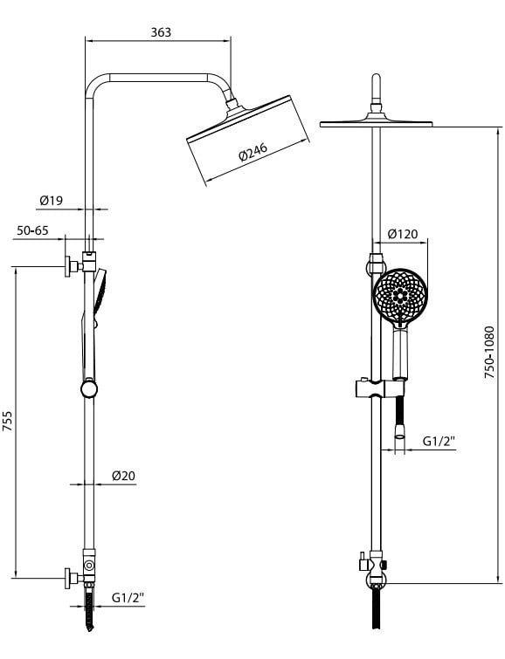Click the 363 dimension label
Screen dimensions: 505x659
point(161,32)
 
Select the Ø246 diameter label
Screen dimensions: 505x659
point(252,152)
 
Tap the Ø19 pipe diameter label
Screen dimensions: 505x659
point(52,201)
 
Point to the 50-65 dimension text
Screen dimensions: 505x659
point(32,230)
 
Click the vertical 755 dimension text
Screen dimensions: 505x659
point(8,422)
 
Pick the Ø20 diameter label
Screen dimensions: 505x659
point(123,476)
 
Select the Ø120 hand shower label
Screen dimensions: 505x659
point(403,233)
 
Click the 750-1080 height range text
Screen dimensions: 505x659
point(489,353)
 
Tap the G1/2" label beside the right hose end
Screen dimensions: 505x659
point(439,441)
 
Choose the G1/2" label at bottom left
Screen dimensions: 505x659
point(128,597)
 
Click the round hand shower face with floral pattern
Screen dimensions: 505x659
point(400,295)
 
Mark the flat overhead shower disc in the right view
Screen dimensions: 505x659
point(377,124)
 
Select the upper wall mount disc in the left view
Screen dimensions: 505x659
point(67,266)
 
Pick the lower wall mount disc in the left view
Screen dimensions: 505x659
point(67,579)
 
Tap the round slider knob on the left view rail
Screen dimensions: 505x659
point(89,388)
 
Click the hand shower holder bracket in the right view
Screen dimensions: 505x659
point(380,388)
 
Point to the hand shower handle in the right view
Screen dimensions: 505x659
point(400,354)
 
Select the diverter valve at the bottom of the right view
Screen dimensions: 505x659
point(375,567)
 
